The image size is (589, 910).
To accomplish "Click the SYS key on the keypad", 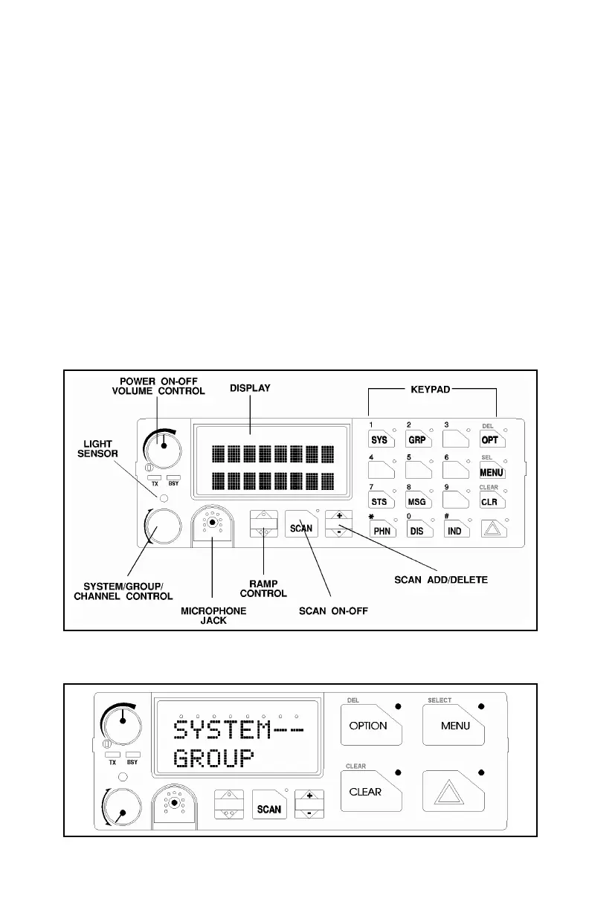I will pyautogui.click(x=380, y=440).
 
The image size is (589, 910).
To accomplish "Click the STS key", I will pyautogui.click(x=380, y=503).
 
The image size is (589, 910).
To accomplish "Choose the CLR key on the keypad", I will pyautogui.click(x=490, y=503).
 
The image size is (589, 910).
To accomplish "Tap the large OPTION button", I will pyautogui.click(x=369, y=726).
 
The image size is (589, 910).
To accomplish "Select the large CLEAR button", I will pyautogui.click(x=366, y=792).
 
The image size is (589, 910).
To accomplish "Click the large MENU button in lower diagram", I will pyautogui.click(x=455, y=726).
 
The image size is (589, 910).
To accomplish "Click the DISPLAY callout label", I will pyautogui.click(x=250, y=387).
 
